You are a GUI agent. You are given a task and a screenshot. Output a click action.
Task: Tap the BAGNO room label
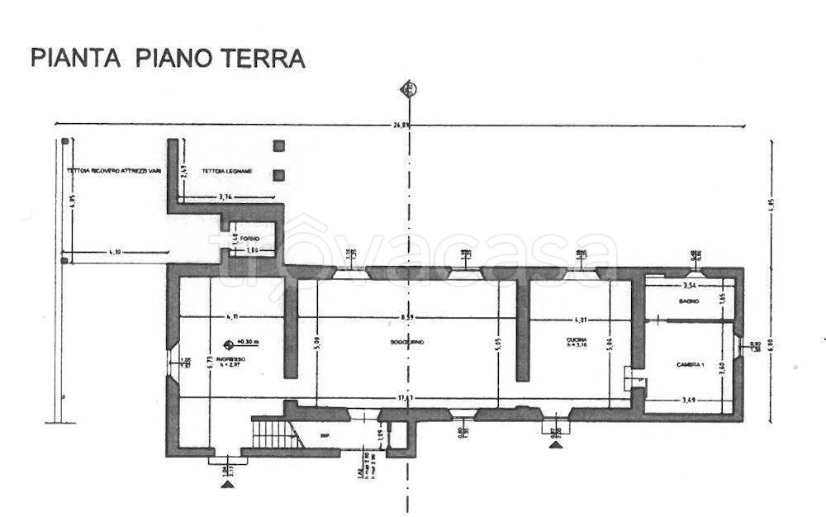tap(690, 302)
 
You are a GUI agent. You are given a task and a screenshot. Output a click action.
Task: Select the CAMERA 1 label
tap(691, 364)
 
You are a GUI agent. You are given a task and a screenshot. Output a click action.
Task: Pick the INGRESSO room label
tap(229, 361)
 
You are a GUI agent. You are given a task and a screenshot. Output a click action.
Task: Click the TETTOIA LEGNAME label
tap(230, 172)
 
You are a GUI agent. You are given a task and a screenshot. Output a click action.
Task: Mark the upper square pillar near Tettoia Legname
tap(280, 146)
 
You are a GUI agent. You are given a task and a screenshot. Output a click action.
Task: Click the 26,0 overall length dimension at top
tap(401, 125)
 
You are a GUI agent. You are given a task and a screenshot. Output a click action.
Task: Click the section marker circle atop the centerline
tap(406, 88)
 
